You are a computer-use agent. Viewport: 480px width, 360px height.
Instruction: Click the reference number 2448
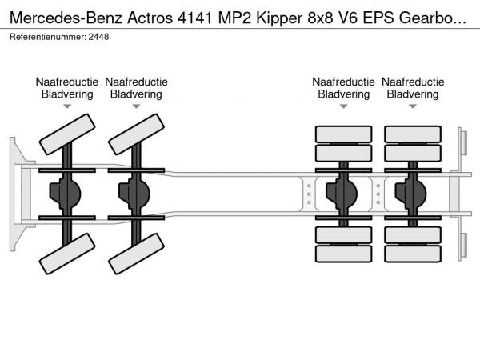[99, 37]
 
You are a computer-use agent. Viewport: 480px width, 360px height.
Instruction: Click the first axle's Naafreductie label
[67, 82]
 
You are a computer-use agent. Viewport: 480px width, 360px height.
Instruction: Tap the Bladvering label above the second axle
[136, 94]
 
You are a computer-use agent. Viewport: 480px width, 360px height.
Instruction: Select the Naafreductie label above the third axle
[343, 82]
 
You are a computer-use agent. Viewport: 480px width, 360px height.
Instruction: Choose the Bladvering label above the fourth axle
[412, 94]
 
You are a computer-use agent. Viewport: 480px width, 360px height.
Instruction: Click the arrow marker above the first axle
[67, 106]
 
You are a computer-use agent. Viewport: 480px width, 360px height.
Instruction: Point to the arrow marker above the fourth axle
[412, 106]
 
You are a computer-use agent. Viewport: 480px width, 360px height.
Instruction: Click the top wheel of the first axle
[66, 134]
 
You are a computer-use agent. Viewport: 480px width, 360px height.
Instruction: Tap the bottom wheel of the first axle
[66, 258]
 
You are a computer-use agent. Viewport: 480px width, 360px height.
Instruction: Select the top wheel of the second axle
[135, 134]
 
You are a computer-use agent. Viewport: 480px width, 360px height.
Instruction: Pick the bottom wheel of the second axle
[135, 258]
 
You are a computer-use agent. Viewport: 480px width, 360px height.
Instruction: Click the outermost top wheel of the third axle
[344, 134]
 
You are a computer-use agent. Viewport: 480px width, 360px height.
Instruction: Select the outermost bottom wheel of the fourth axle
[413, 255]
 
